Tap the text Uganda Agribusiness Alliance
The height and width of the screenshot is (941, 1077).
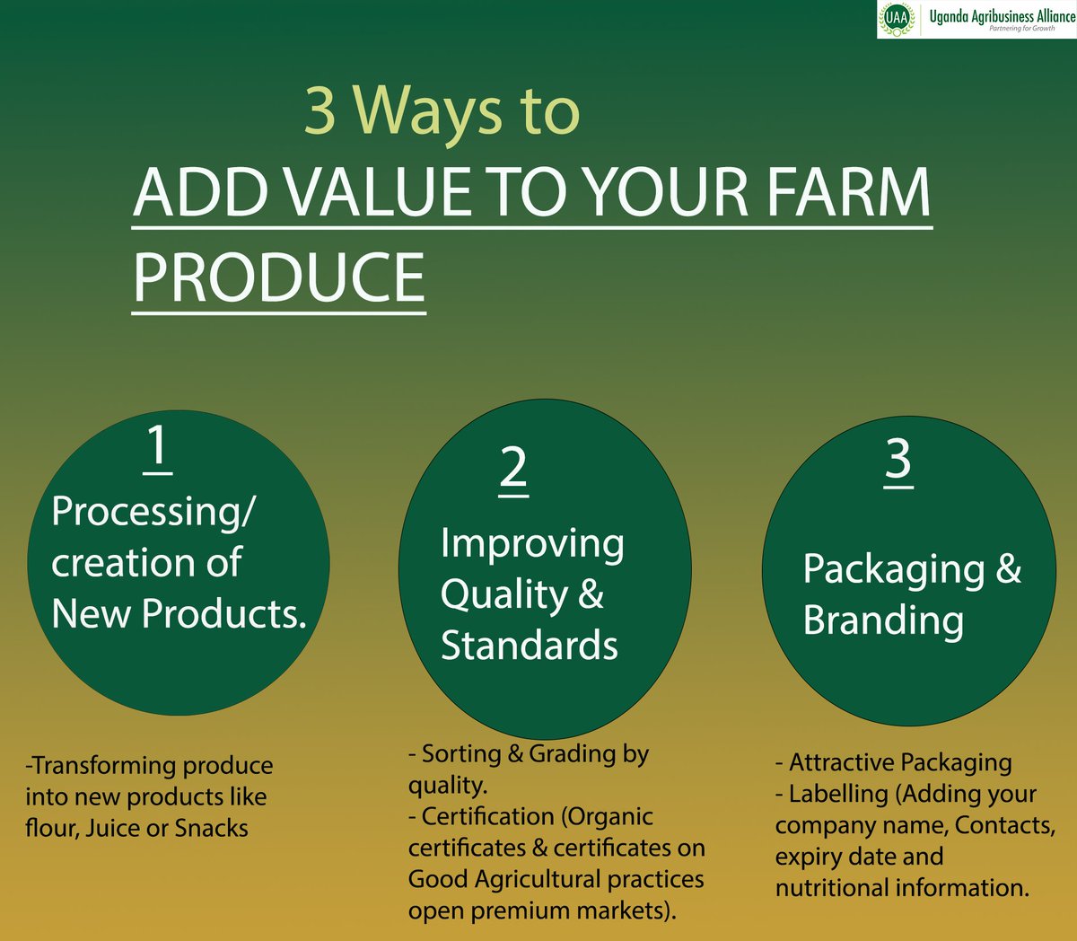point(1002,15)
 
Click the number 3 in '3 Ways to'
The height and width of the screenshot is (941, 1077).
point(320,111)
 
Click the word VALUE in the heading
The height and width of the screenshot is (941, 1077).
point(376,192)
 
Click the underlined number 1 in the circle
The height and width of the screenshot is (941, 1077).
point(157,446)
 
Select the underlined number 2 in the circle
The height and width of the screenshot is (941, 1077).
point(512,468)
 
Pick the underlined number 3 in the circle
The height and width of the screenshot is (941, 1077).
point(897,460)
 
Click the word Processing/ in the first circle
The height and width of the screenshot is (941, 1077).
point(153,512)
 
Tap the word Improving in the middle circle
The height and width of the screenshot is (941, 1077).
point(532,544)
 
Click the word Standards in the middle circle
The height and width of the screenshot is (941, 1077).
point(529,646)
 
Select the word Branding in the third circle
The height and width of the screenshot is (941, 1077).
point(883,620)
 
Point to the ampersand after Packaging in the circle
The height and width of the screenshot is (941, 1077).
point(1008,568)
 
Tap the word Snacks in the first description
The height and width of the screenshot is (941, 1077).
point(211,828)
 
